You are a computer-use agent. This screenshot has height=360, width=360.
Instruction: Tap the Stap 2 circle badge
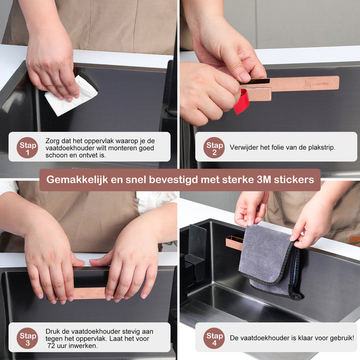click(214, 147)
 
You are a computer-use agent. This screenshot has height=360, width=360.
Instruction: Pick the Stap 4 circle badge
click(214, 338)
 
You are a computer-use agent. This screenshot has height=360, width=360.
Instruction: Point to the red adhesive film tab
click(241, 102)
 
